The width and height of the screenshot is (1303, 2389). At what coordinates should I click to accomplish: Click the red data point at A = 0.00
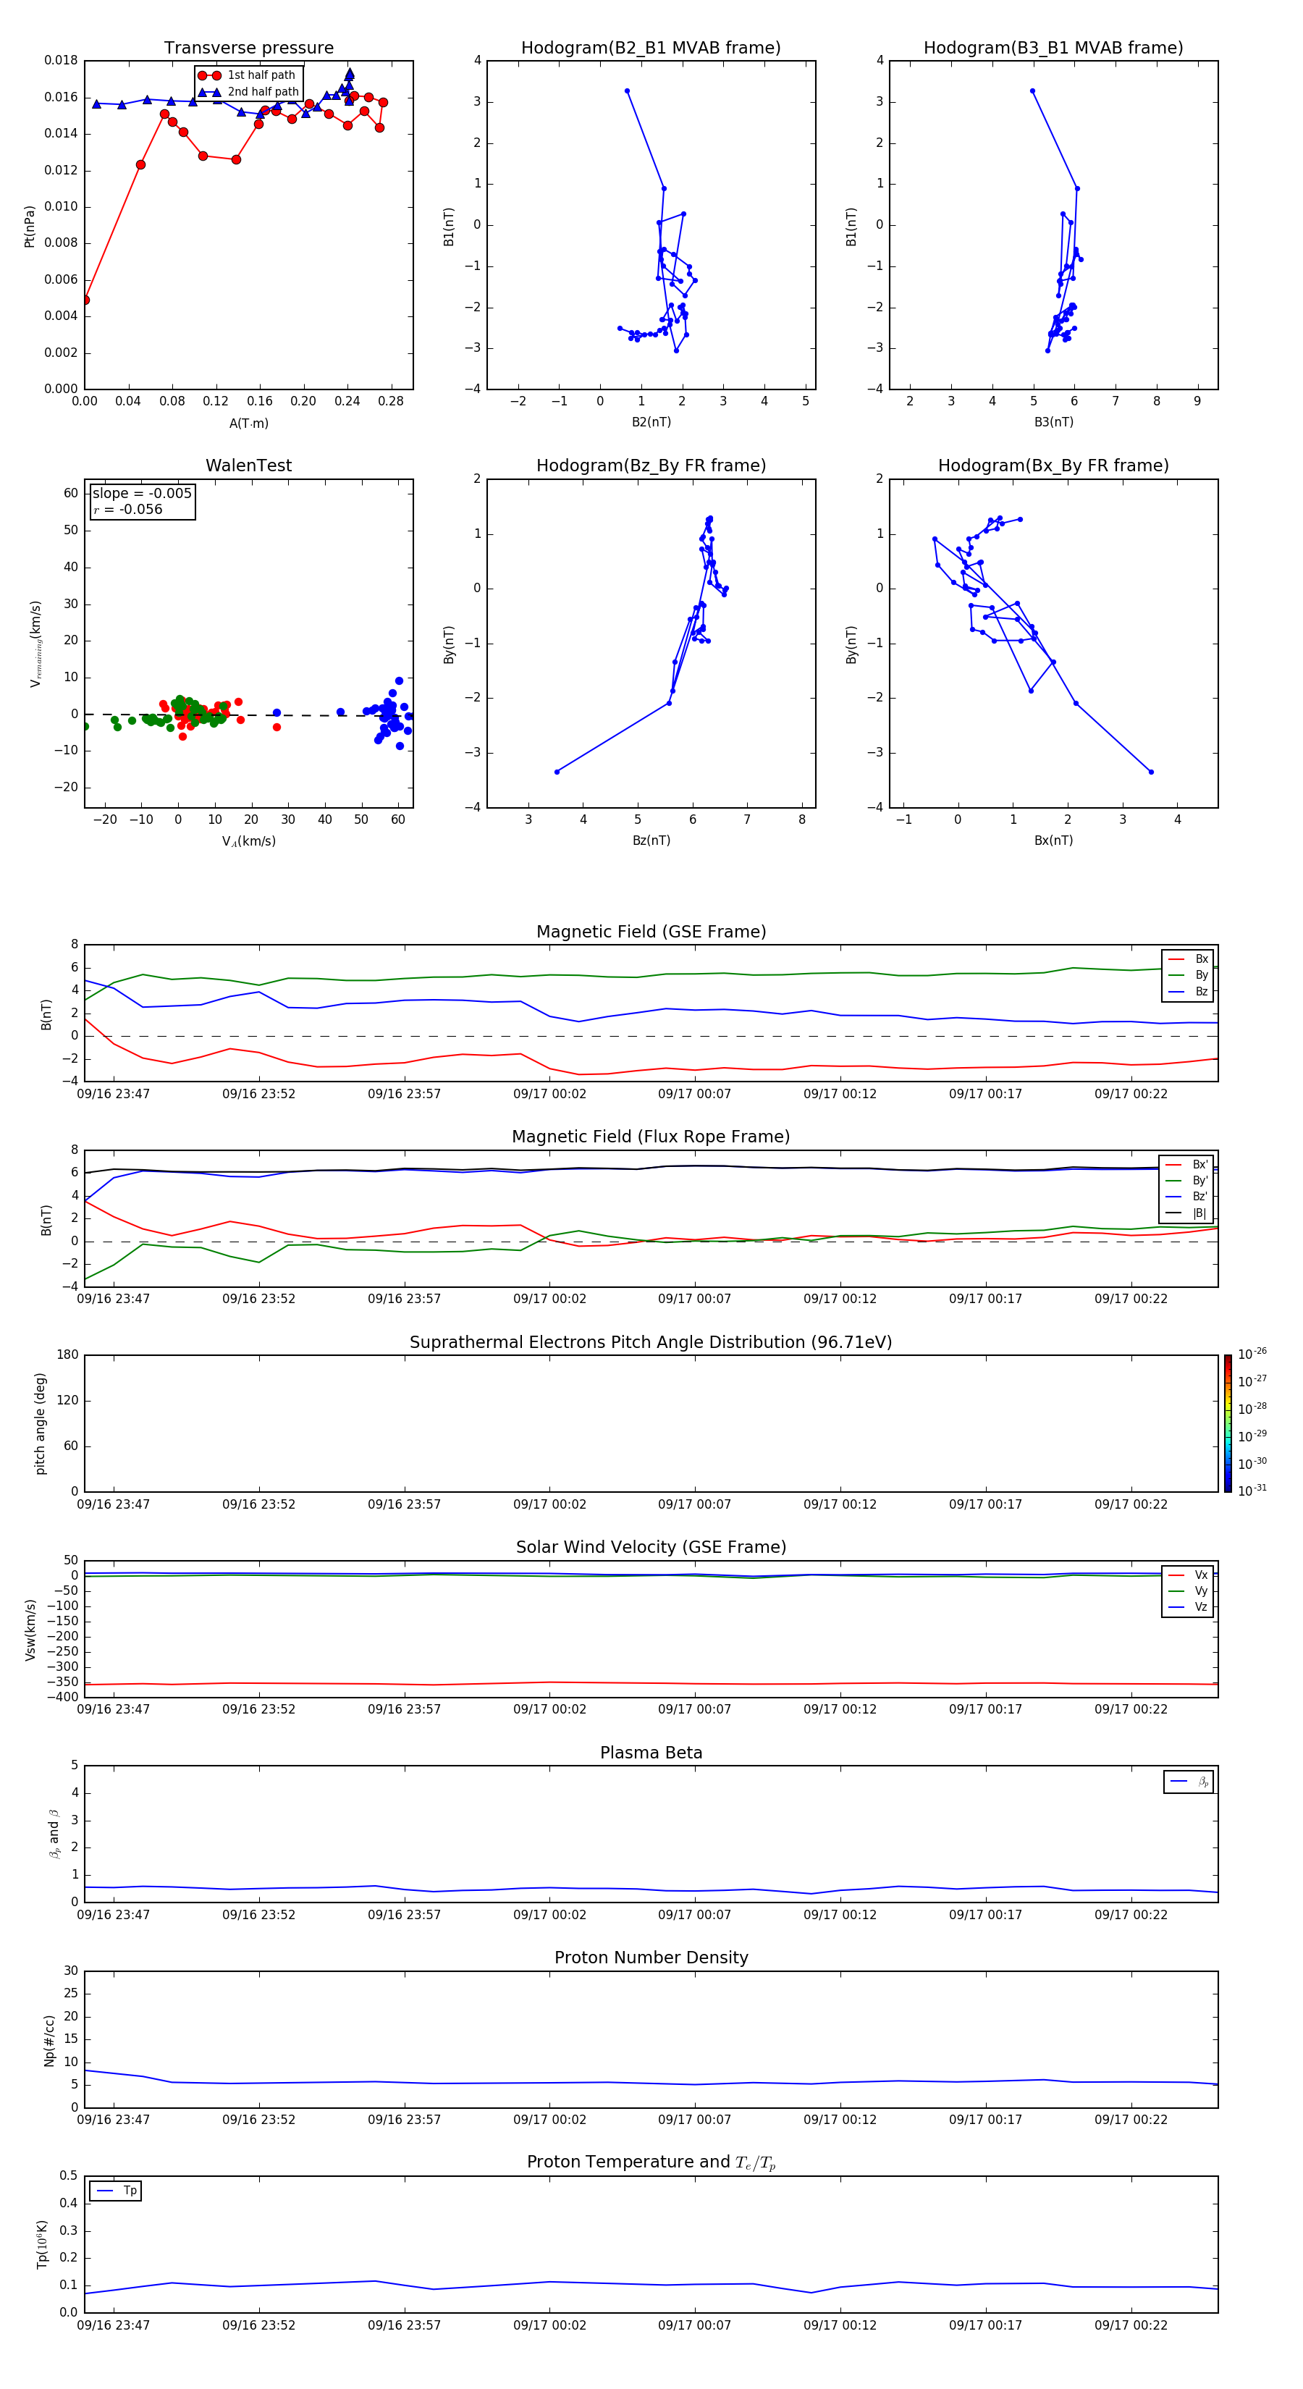[85, 300]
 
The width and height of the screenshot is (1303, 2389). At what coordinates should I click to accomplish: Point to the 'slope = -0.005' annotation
[142, 494]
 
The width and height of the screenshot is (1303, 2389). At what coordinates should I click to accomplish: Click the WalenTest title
[248, 465]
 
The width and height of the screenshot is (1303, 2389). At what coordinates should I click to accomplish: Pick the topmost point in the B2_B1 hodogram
[627, 91]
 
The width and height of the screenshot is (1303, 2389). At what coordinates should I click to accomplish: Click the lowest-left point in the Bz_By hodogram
[557, 772]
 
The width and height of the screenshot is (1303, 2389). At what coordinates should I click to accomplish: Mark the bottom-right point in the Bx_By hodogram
[1151, 772]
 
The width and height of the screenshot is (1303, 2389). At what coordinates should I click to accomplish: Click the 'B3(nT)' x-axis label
[1053, 422]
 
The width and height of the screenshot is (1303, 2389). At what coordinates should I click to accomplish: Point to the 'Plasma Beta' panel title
[651, 1753]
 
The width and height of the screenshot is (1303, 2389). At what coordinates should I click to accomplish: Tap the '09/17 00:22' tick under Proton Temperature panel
[1131, 2325]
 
